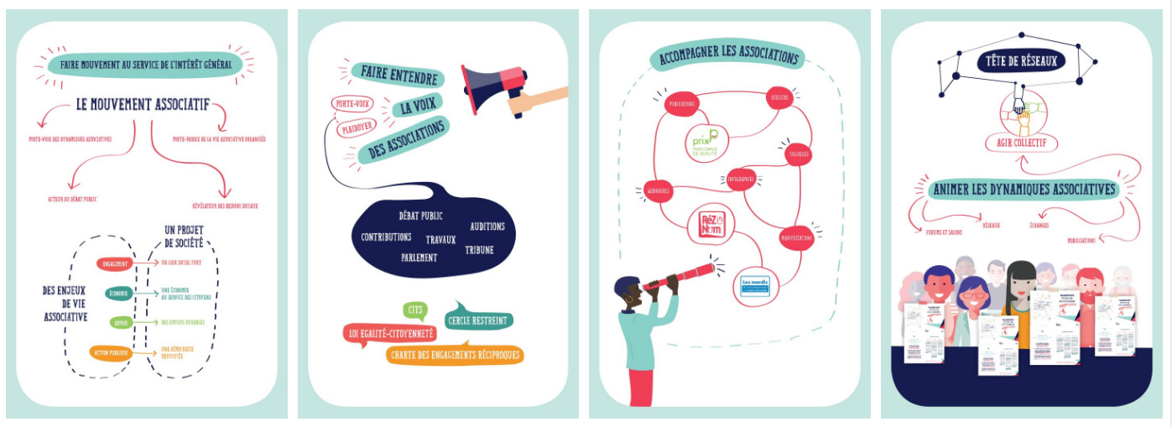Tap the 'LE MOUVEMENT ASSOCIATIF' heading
coord(142,106)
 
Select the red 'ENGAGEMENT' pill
coord(116,264)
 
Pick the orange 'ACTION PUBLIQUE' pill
coord(112,353)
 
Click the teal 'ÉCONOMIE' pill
coord(118,294)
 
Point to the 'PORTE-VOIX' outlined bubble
coord(352,105)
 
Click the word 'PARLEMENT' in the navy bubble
coord(419,258)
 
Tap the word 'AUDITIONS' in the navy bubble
coord(487,227)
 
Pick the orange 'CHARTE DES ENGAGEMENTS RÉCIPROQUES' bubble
coord(454,355)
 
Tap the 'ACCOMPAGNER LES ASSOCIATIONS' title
coord(727,57)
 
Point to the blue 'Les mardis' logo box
coord(756,284)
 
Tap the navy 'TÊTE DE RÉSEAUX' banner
coord(1020,61)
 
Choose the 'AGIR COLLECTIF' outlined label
coord(1021,143)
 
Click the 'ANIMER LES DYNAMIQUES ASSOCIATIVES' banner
coord(1024,190)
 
